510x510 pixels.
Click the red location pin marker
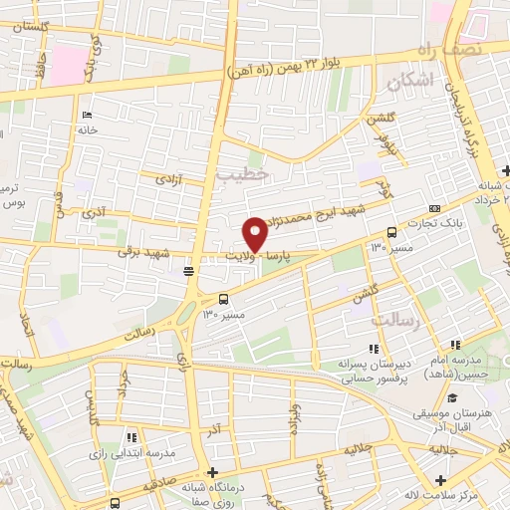[x=255, y=233]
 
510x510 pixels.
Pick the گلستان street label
[x=27, y=24]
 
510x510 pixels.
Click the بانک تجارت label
[x=439, y=225]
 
